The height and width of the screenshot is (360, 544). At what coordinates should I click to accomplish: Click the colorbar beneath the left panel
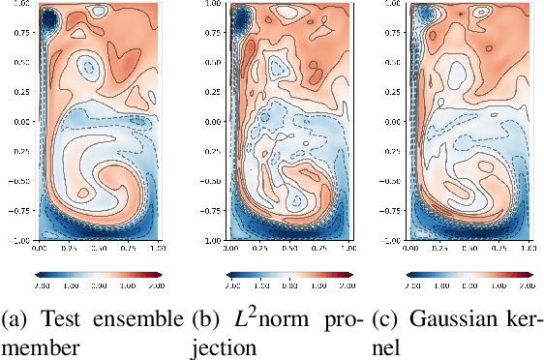tap(96, 275)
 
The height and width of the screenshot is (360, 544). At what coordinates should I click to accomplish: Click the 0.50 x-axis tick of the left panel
tap(96, 250)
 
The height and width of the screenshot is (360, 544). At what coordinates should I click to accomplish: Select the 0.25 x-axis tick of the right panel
tap(436, 250)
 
